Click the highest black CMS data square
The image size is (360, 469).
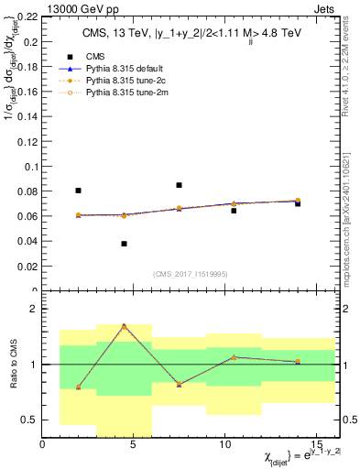pos(179,185)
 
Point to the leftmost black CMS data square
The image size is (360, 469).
pos(78,191)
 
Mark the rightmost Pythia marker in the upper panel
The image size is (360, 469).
pos(298,201)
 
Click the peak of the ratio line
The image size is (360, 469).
pos(124,326)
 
